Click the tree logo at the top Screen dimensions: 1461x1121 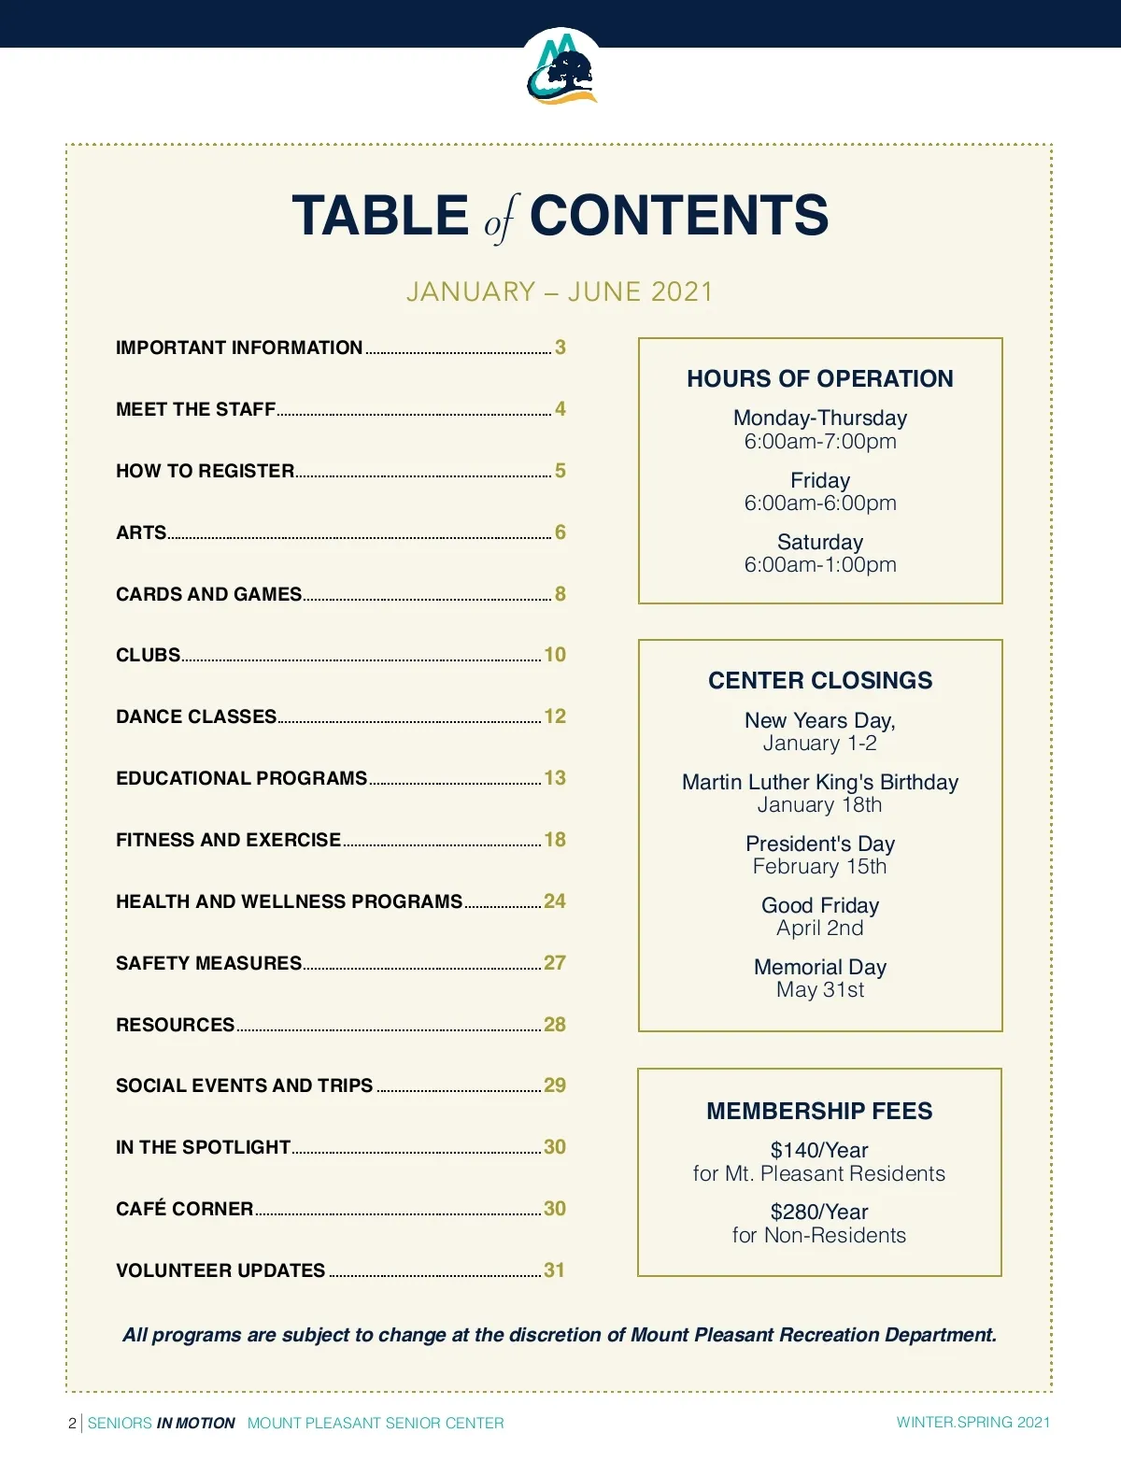click(x=561, y=70)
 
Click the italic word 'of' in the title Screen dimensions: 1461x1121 click(x=499, y=220)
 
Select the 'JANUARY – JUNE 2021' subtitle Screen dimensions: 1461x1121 click(x=560, y=291)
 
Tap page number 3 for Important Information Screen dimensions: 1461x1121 click(x=560, y=348)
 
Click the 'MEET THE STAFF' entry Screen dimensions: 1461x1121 click(x=195, y=409)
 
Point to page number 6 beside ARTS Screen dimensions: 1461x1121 click(x=560, y=532)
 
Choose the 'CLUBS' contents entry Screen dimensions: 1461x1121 click(x=148, y=655)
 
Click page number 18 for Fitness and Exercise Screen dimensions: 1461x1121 click(x=555, y=840)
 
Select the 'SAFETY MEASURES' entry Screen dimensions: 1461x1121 click(x=208, y=963)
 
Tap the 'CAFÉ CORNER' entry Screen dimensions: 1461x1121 click(x=184, y=1209)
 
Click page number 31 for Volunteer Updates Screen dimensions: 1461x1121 click(x=555, y=1270)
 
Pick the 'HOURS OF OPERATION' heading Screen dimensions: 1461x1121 click(x=820, y=378)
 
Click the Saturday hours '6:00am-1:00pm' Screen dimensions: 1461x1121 click(x=820, y=565)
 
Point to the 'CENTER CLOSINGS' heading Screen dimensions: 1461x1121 click(x=820, y=680)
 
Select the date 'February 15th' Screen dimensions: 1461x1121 click(x=820, y=867)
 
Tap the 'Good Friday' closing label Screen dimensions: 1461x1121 click(x=820, y=905)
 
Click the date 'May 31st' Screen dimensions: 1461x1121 click(x=820, y=990)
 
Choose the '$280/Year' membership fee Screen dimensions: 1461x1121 click(x=819, y=1212)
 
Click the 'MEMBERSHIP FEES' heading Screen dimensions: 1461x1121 click(x=819, y=1111)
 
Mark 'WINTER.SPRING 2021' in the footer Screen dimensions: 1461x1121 click(x=972, y=1423)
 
